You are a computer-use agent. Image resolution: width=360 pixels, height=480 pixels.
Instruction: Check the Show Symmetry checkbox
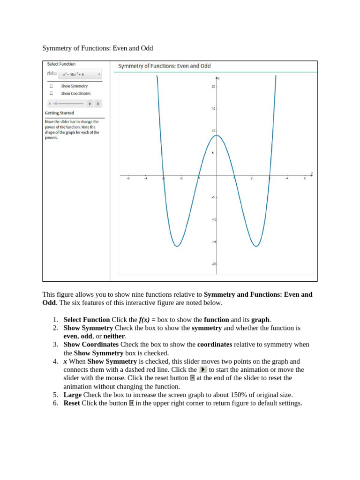pos(51,86)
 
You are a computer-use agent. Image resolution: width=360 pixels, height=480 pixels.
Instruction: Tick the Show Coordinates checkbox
pos(51,93)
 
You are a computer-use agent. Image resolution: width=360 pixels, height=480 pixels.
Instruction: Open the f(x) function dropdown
pos(79,74)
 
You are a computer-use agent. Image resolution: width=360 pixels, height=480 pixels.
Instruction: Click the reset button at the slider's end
pos(98,104)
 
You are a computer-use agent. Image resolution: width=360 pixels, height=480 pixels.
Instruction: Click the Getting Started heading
pos(59,113)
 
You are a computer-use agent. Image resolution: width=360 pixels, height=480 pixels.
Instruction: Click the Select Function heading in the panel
pos(61,64)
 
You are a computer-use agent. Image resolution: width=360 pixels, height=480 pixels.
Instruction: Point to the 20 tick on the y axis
pos(213,87)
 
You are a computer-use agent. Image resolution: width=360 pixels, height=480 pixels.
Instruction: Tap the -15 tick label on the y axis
pos(213,242)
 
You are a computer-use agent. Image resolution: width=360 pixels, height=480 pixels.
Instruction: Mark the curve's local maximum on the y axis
pos(217,135)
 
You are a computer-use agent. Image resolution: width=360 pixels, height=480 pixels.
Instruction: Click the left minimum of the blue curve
pos(177,246)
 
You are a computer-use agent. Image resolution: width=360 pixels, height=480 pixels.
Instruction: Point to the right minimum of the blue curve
pos(256,246)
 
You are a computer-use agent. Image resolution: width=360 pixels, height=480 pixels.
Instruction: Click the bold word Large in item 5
pos(73,395)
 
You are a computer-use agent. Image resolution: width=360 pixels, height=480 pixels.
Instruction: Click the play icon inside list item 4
pos(203,370)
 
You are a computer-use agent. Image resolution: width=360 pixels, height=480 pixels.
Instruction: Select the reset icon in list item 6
pos(132,403)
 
